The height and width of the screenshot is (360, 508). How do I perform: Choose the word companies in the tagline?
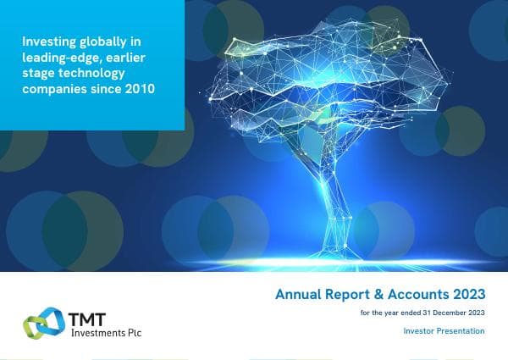[54, 89]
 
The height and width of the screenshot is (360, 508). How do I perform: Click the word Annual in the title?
[297, 295]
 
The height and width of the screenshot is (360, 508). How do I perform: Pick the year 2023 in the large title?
[468, 295]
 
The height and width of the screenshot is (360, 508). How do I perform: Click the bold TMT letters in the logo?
[80, 316]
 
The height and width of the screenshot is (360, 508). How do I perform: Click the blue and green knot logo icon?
[40, 323]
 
